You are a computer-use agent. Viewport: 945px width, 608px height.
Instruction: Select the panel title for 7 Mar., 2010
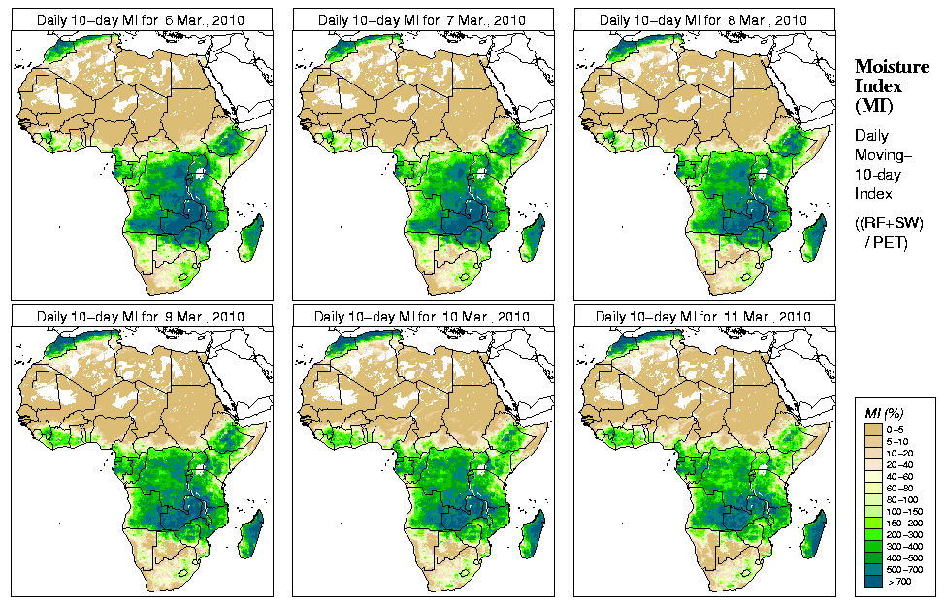coord(423,19)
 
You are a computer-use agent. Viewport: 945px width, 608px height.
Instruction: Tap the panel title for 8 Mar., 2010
coord(704,19)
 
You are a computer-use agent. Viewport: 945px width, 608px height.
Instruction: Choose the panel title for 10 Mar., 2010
coord(423,317)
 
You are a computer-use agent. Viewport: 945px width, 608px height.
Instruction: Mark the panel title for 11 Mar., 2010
coord(704,317)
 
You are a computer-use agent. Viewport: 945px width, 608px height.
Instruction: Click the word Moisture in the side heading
coord(887,66)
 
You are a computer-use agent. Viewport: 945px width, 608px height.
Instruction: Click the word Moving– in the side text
coord(883,155)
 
